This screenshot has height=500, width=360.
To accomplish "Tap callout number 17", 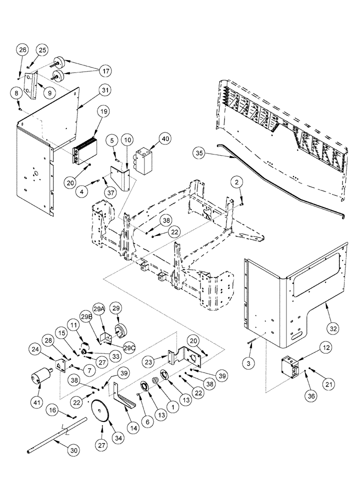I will pos(104,69).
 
